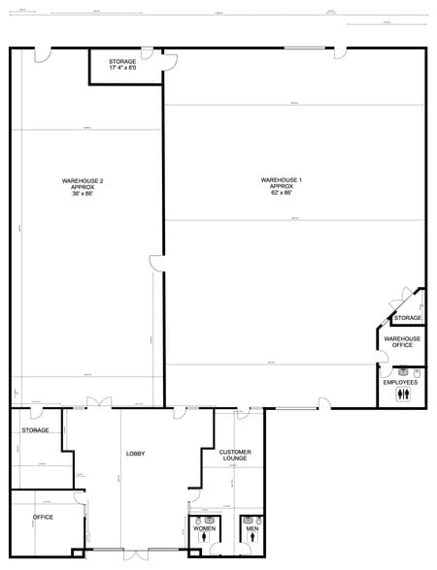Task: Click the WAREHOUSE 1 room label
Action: [282, 179]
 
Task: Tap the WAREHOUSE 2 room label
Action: [83, 180]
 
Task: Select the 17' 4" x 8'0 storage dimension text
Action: [122, 68]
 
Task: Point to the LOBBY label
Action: [135, 454]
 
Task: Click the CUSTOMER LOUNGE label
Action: [235, 455]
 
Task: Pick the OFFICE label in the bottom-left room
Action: [43, 517]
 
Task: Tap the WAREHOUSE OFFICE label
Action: [401, 342]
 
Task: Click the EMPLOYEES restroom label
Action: [400, 382]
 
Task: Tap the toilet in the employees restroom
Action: [417, 371]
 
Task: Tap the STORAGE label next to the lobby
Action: [36, 429]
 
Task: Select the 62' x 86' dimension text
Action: [282, 192]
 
